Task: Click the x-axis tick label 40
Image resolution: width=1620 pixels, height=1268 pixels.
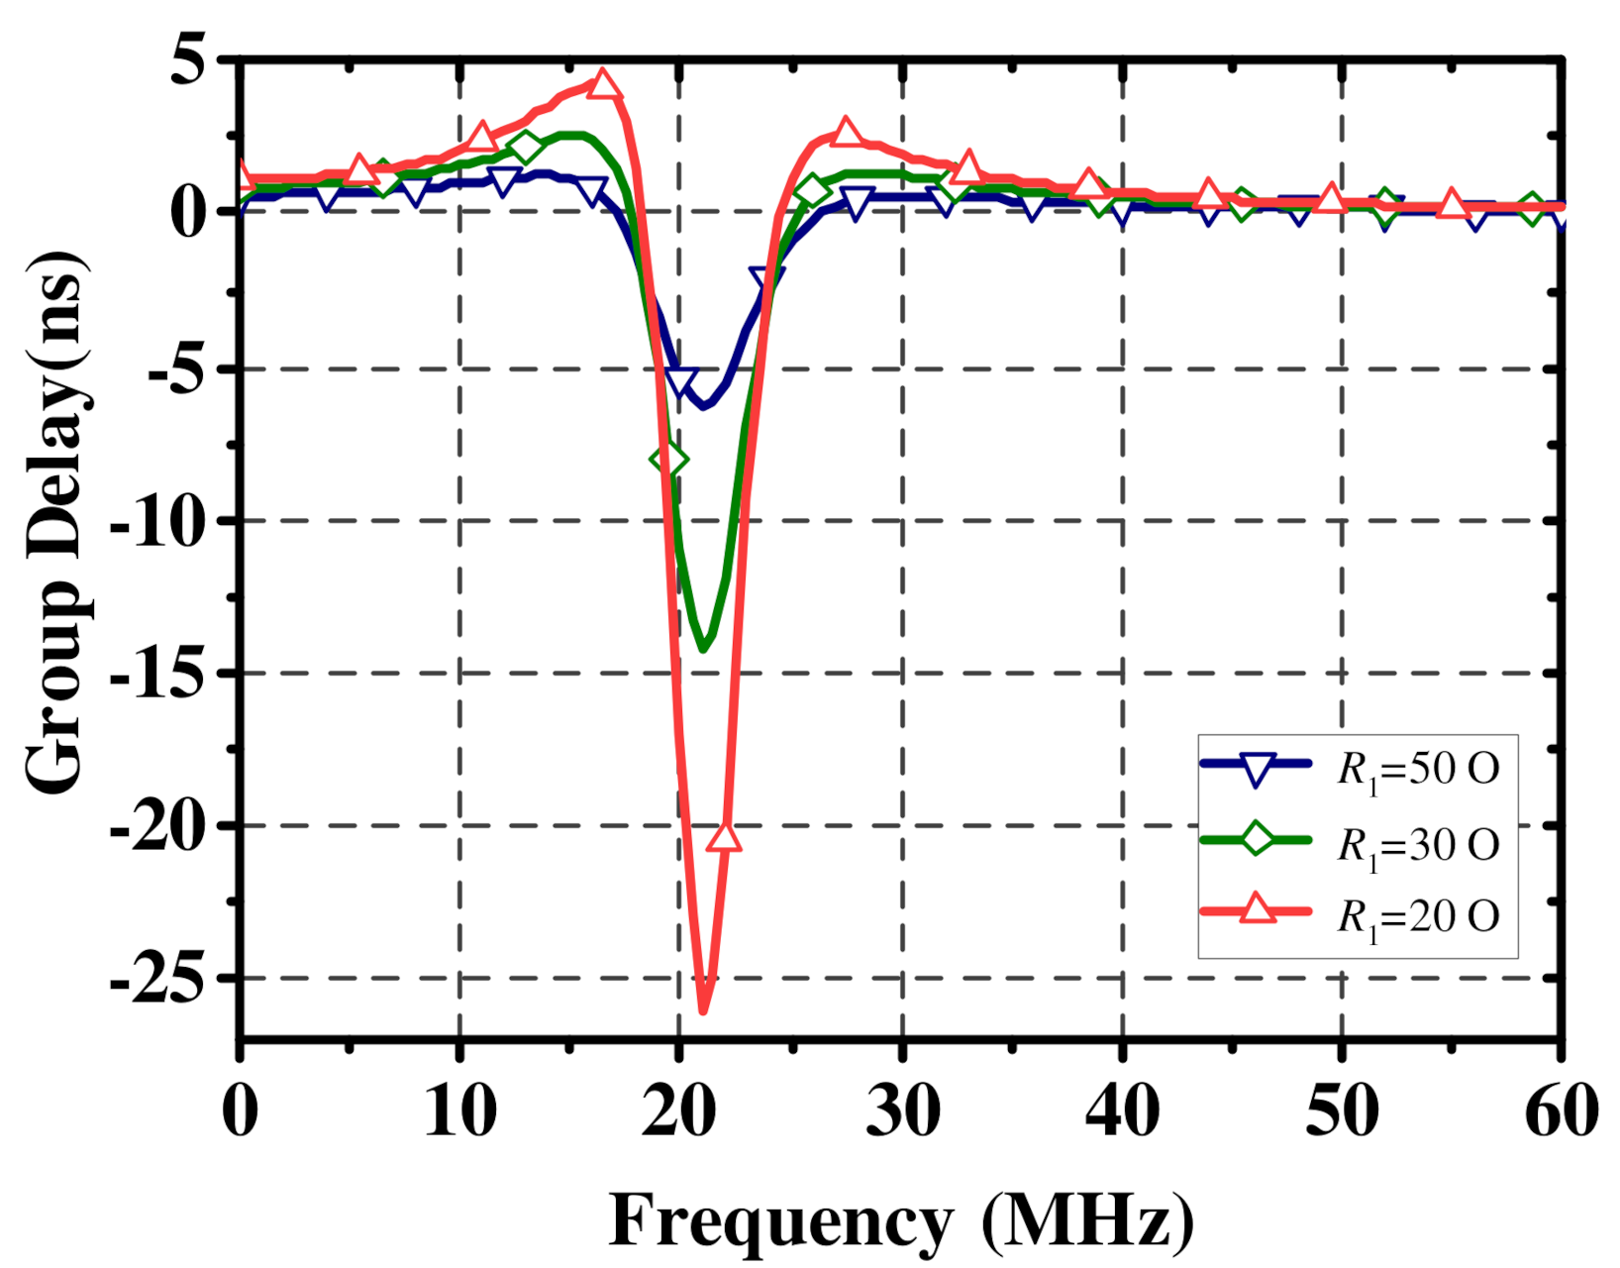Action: [x=1122, y=1111]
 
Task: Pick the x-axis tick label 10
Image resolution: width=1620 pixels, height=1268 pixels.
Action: [x=460, y=1111]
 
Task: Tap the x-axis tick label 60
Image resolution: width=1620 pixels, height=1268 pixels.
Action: [x=1562, y=1111]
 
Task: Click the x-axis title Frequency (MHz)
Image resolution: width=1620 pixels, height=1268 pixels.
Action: [x=901, y=1219]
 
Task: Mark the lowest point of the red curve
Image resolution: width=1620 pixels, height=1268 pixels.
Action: [x=703, y=1010]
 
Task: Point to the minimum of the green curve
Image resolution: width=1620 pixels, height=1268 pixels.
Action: [x=703, y=649]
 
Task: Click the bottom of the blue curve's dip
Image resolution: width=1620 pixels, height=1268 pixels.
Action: [x=703, y=406]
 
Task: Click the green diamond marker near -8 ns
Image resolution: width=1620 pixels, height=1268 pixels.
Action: [x=669, y=460]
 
